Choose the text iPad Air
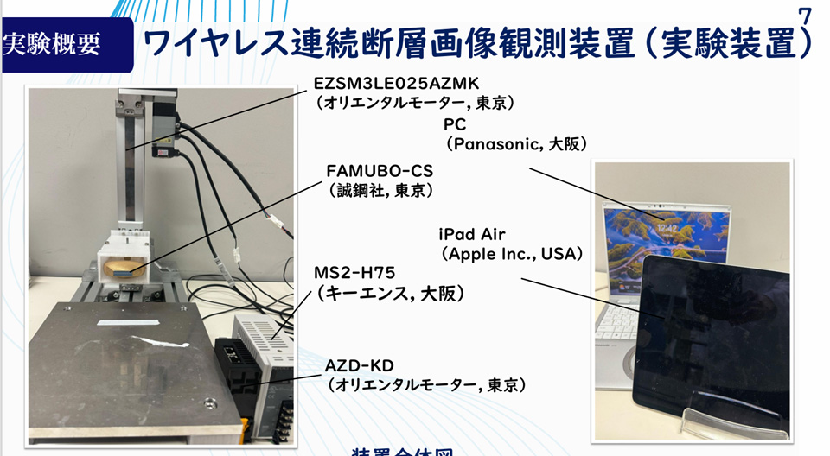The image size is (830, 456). coord(472,234)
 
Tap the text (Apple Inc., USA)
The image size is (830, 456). coord(512,254)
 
